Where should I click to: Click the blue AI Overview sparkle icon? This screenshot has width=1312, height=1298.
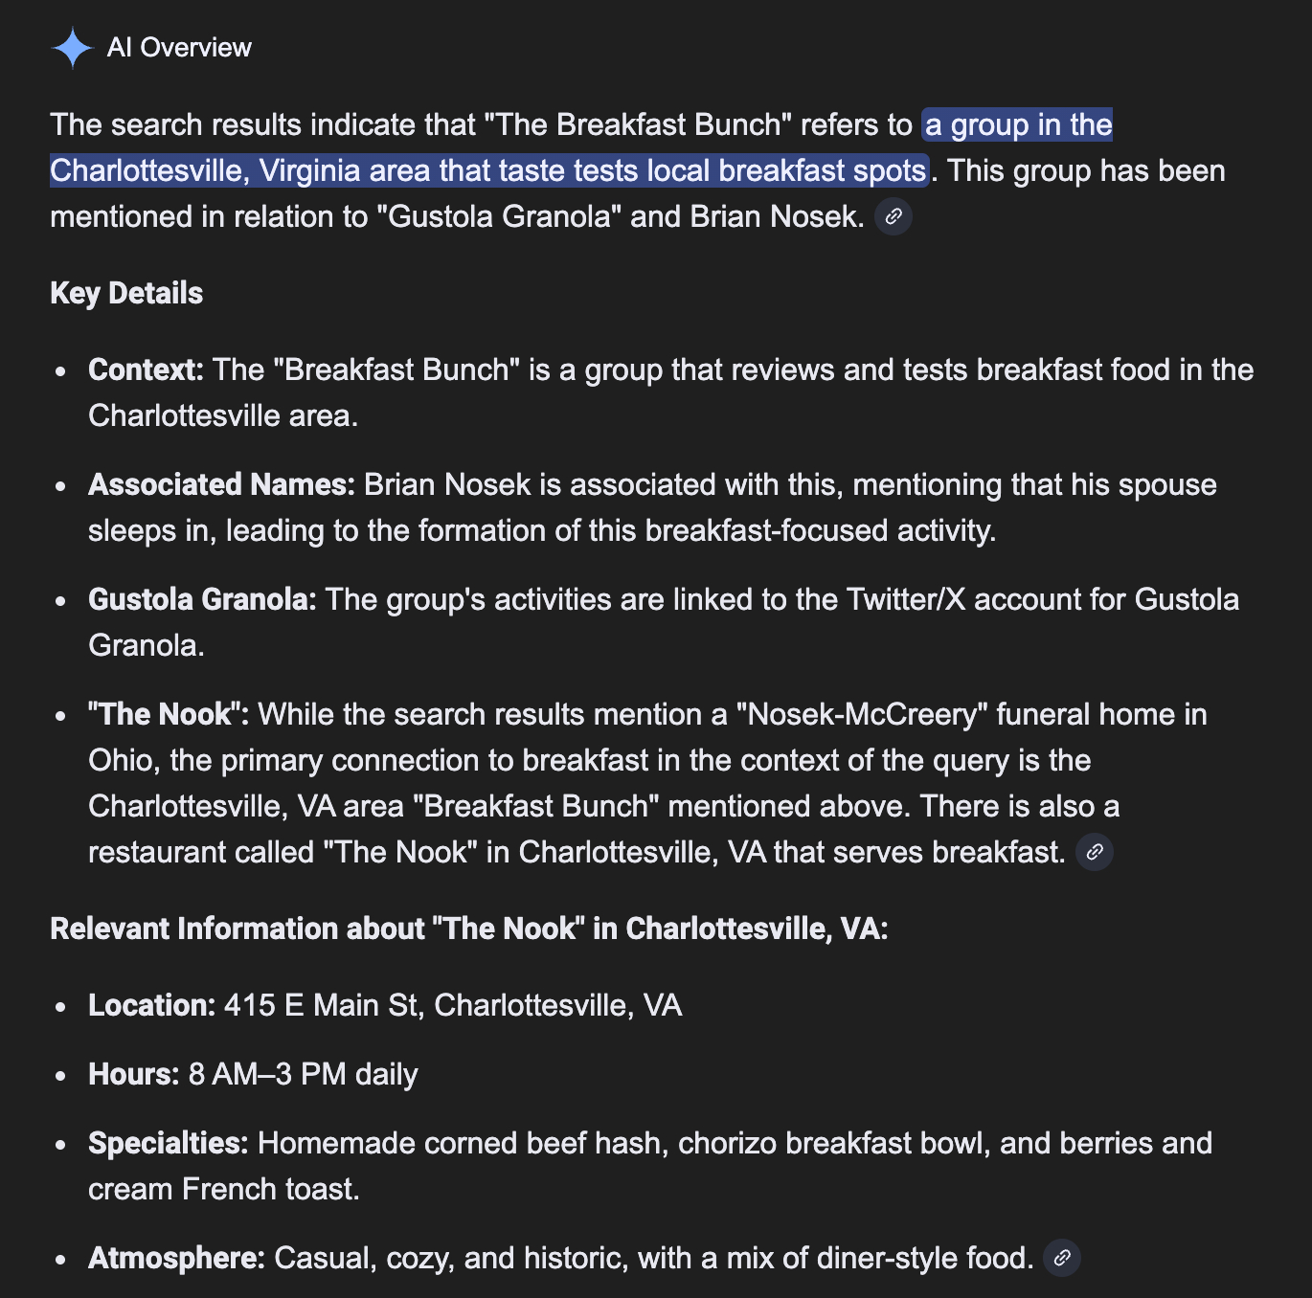click(x=72, y=48)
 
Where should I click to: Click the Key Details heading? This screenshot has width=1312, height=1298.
click(x=126, y=293)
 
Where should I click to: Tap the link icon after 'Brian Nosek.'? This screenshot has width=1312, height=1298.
click(x=894, y=217)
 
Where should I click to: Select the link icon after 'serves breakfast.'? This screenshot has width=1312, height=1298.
click(x=1095, y=852)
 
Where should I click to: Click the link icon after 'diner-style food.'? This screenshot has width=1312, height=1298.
click(x=1062, y=1258)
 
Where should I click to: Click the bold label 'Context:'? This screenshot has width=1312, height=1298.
click(x=146, y=369)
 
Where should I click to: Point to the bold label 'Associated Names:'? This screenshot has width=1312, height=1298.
click(x=221, y=484)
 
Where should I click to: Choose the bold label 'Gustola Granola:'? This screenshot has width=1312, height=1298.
click(x=202, y=599)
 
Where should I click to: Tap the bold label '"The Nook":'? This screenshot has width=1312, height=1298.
click(x=169, y=714)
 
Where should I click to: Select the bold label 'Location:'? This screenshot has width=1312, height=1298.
click(x=151, y=1005)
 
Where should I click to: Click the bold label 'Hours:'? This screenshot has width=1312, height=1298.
click(x=133, y=1074)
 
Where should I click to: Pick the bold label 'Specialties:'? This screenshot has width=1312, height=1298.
click(x=168, y=1143)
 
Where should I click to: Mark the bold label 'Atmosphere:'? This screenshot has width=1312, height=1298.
click(x=176, y=1258)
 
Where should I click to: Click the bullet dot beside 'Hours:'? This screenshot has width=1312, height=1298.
click(x=61, y=1075)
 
